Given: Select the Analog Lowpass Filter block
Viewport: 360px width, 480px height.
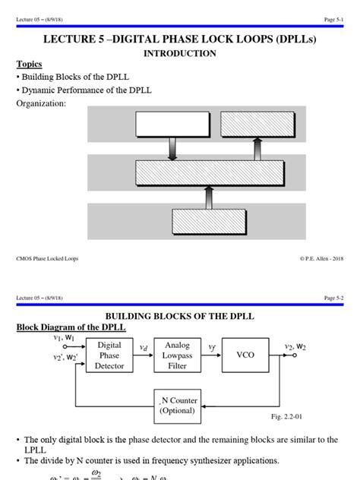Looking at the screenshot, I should tap(177, 355).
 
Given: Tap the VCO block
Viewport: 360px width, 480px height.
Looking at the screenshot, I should tap(245, 355).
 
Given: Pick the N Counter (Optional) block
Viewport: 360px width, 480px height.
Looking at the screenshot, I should tap(177, 406).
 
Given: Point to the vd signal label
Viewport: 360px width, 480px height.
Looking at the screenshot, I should tap(143, 347).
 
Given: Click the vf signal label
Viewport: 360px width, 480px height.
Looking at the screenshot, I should tap(212, 346).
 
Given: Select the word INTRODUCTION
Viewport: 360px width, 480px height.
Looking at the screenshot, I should tap(180, 53).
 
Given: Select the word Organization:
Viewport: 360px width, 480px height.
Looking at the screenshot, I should tap(42, 103).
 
